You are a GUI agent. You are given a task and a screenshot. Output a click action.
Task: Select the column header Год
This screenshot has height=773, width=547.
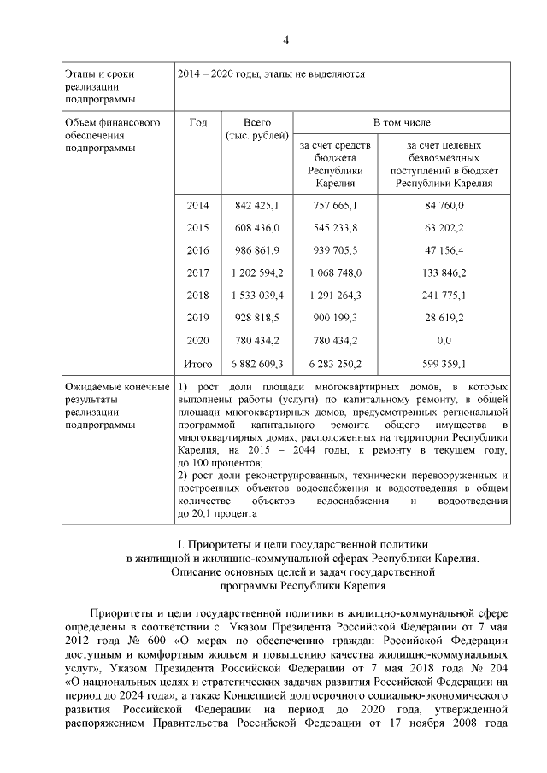tap(197, 123)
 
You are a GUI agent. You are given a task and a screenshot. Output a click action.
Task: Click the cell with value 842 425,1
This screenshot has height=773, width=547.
tap(257, 206)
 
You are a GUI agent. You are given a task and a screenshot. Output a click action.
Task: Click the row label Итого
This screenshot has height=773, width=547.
tap(197, 364)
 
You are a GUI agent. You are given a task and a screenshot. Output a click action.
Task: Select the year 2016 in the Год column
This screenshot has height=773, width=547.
tap(197, 250)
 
